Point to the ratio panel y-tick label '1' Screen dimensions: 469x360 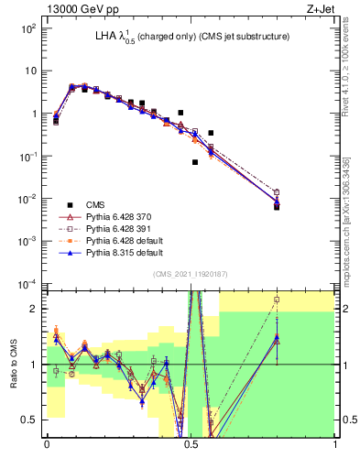[x=35, y=365]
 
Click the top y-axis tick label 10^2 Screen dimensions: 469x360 [x=27, y=28]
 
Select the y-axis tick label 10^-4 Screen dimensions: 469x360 [x=27, y=283]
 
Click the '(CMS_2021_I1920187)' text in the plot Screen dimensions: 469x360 [x=191, y=273]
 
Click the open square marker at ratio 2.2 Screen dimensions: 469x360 [x=277, y=300]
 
